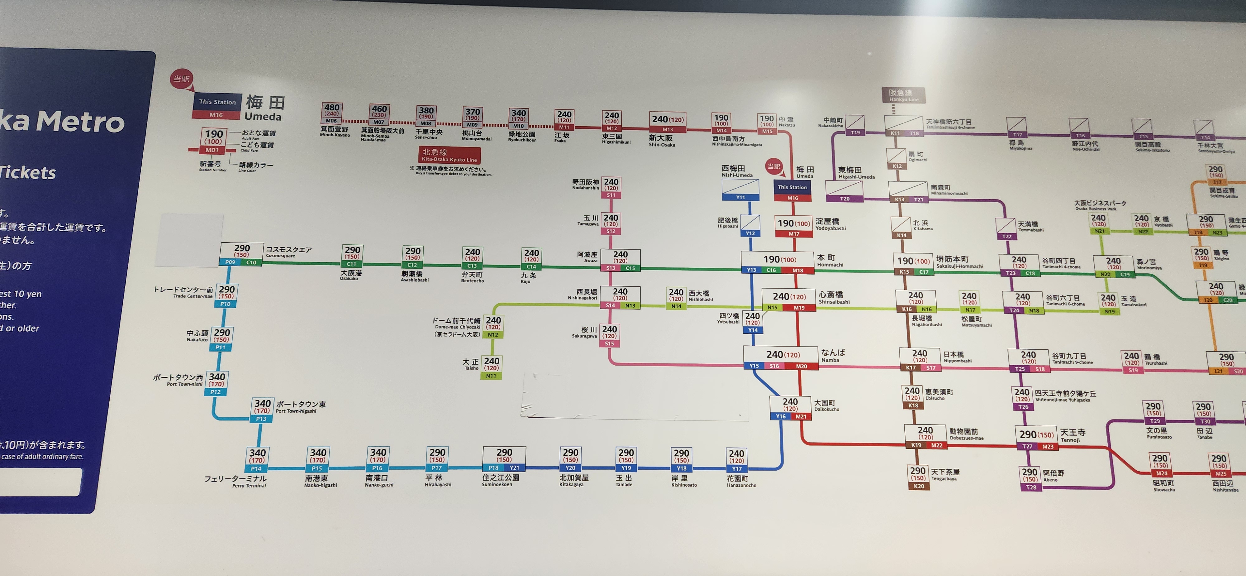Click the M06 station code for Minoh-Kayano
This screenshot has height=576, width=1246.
pos(331,121)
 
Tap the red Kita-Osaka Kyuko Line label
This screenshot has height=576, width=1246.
pos(449,155)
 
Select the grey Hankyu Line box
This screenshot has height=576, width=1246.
pos(903,95)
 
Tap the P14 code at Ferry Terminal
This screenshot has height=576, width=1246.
pos(256,468)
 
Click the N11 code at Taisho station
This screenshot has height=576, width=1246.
pos(491,376)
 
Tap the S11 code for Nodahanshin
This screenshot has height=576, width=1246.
pos(611,195)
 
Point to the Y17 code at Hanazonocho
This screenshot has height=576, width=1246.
pos(737,468)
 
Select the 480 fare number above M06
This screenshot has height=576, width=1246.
pos(332,108)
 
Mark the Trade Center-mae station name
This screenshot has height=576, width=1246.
pos(183,292)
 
